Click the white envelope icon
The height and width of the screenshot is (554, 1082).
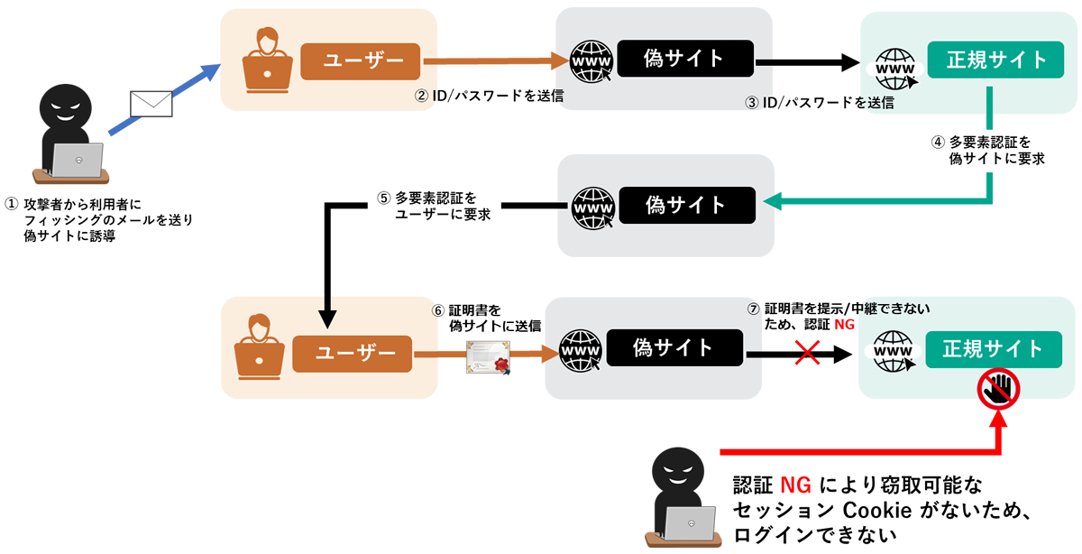coord(151,104)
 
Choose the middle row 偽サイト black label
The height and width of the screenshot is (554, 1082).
coord(686,205)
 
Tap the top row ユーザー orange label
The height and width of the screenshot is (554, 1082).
coord(362,61)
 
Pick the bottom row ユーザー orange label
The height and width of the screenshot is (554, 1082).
coord(352,353)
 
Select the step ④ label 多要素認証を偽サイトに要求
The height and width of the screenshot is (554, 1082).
coord(987,150)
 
